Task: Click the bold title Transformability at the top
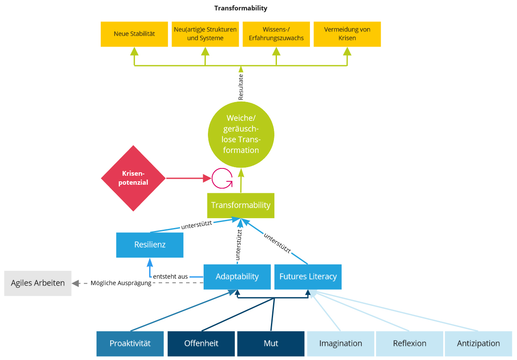[240, 8]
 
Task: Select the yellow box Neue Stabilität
[134, 34]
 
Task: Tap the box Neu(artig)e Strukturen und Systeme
[205, 34]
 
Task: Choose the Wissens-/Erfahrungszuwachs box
[276, 34]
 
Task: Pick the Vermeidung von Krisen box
[347, 34]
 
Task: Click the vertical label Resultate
[241, 87]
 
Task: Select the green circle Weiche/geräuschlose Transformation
[240, 134]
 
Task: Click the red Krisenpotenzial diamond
[133, 178]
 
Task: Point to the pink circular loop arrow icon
[222, 178]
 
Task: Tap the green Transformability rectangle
[240, 205]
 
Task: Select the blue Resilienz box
[150, 245]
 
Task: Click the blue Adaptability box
[237, 276]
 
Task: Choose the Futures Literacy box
[308, 276]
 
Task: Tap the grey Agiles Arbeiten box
[38, 283]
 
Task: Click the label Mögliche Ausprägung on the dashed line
[121, 283]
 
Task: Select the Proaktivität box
[130, 343]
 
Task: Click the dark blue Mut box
[271, 343]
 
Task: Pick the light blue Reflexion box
[409, 343]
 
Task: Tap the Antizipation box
[478, 343]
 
